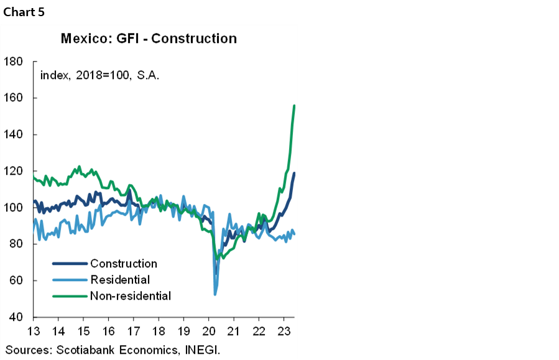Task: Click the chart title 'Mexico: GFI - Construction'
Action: (x=149, y=39)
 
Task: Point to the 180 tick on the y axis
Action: (x=13, y=62)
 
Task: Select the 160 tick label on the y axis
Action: (x=13, y=98)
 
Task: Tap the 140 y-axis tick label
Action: (x=13, y=135)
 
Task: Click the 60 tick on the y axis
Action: (x=16, y=281)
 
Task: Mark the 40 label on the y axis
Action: (x=16, y=317)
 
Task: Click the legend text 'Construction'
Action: (x=124, y=264)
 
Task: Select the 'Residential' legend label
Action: (x=120, y=280)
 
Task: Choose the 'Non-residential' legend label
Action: (x=131, y=296)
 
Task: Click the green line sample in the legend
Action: (x=68, y=296)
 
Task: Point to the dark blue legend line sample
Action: (x=68, y=264)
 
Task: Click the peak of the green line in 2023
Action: (x=294, y=106)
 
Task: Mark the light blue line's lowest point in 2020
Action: (x=215, y=293)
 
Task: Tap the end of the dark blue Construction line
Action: (x=294, y=173)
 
